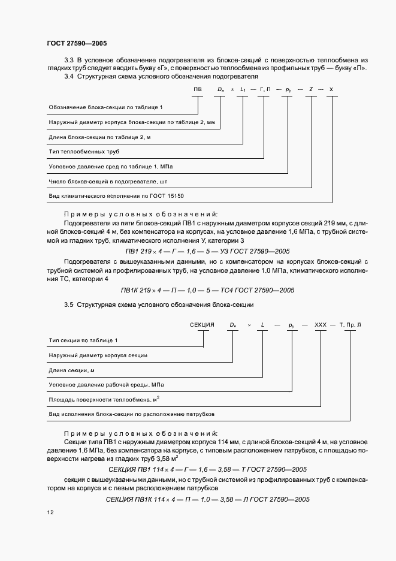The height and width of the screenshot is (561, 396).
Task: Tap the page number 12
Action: [x=49, y=512]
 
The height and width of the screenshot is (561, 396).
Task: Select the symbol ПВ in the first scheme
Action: [x=198, y=90]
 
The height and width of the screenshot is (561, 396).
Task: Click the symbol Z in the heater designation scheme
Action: [x=311, y=90]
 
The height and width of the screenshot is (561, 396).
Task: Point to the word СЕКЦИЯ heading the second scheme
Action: [x=202, y=325]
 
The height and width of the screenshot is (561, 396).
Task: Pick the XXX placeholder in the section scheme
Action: [x=321, y=325]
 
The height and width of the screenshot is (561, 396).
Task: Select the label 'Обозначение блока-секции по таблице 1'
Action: [x=105, y=107]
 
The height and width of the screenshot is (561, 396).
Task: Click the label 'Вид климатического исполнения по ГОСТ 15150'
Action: [x=116, y=196]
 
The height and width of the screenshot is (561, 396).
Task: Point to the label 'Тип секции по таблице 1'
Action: [x=83, y=340]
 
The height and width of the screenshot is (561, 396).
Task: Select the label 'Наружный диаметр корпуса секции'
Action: [x=98, y=355]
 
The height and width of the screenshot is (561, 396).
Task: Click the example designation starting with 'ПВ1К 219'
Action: [x=207, y=290]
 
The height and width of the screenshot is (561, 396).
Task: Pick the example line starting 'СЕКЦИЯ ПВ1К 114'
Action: [x=207, y=499]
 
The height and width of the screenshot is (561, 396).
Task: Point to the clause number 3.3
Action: [x=68, y=61]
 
